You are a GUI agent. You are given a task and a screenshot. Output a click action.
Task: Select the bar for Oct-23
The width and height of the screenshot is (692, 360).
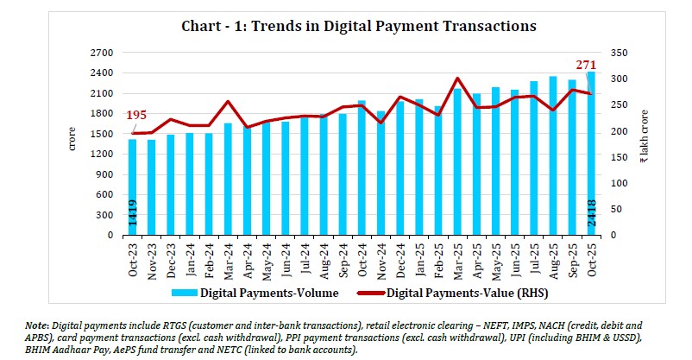click(133, 186)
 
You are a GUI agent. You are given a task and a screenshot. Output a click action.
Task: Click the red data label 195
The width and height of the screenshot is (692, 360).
click(135, 117)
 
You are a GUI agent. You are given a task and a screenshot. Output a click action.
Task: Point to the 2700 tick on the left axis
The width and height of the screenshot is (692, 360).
click(102, 53)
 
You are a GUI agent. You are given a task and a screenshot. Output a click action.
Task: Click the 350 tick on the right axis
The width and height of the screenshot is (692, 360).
click(620, 53)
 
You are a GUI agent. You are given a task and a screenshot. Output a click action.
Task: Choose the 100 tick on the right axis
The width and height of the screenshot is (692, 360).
click(620, 183)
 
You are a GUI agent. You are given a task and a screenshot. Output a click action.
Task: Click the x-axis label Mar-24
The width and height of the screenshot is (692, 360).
click(229, 256)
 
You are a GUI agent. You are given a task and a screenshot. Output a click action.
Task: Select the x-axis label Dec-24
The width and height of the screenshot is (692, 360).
click(400, 256)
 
